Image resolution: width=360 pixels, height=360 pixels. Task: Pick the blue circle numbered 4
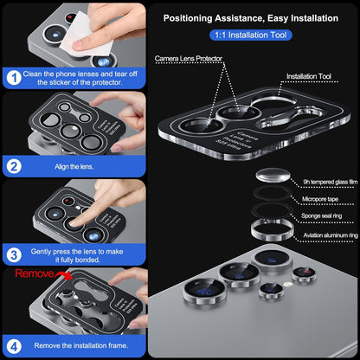13,345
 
